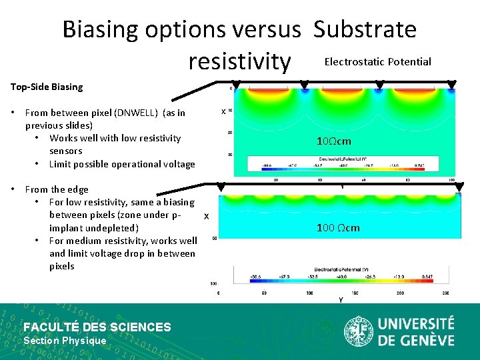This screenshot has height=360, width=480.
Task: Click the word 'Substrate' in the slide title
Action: [x=365, y=29]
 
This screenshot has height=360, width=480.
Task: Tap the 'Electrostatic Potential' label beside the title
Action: [x=377, y=62]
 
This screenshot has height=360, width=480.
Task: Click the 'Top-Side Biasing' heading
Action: [x=47, y=87]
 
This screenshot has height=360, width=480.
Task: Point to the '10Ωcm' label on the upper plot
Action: [x=335, y=141]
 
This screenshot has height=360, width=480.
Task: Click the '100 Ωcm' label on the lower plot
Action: [x=338, y=228]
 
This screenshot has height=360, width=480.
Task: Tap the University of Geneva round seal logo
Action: [x=358, y=331]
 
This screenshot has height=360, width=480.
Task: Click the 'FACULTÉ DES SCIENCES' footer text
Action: [x=97, y=327]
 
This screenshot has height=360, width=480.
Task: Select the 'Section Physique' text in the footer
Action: [x=65, y=341]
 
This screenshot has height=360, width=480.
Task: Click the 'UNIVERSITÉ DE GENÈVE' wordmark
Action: [x=416, y=331]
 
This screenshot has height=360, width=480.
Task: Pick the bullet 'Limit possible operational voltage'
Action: [x=122, y=164]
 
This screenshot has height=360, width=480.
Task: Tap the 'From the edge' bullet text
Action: [x=57, y=189]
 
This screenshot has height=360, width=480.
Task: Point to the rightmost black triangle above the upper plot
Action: [x=451, y=85]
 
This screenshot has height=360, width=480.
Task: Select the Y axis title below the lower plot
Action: [x=341, y=301]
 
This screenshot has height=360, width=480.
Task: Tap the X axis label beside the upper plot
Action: [x=223, y=111]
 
